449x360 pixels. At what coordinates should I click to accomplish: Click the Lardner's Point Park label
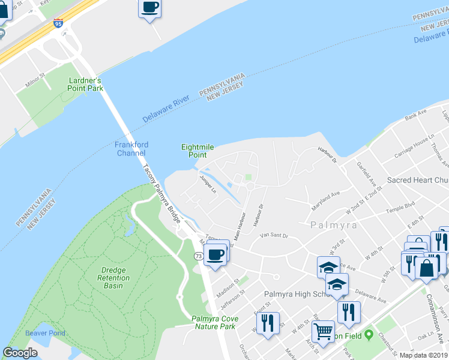point(86,84)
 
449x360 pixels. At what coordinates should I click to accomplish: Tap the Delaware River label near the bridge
point(166,109)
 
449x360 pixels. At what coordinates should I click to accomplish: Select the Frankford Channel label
point(131,149)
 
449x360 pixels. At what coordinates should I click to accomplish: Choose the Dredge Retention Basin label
point(113,278)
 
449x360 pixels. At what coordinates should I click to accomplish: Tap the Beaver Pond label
point(45,333)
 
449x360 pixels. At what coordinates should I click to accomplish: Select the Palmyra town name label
point(334,226)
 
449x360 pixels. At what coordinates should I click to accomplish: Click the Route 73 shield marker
point(198,256)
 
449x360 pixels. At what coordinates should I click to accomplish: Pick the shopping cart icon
point(323,331)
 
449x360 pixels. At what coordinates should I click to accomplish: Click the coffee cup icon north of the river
point(149,8)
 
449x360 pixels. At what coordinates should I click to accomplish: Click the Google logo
point(20,353)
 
